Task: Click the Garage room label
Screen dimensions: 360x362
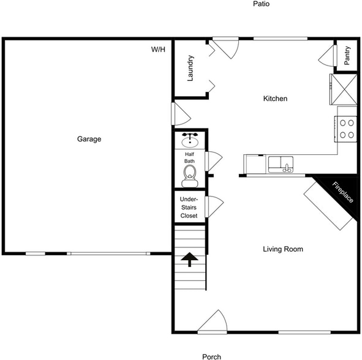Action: click(x=89, y=139)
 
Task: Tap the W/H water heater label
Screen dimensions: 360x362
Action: click(x=158, y=50)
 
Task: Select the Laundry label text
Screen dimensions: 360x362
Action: click(x=190, y=69)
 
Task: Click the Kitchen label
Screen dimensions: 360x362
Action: click(x=275, y=99)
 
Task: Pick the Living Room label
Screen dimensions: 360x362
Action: click(x=283, y=249)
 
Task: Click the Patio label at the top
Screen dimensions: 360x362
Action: click(x=261, y=4)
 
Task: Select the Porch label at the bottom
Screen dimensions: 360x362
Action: click(x=211, y=356)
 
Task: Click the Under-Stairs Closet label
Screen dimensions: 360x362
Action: click(x=189, y=208)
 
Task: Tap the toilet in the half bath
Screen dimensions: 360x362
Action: click(x=190, y=175)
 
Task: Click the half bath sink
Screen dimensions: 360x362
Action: click(x=190, y=140)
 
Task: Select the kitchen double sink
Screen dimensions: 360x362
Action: click(x=281, y=164)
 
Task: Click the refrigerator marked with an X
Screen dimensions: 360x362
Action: click(x=343, y=89)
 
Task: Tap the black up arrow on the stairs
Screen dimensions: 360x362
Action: click(x=189, y=259)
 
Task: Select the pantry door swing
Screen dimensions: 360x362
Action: click(x=327, y=56)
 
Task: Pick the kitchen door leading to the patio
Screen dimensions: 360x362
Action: click(x=225, y=48)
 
